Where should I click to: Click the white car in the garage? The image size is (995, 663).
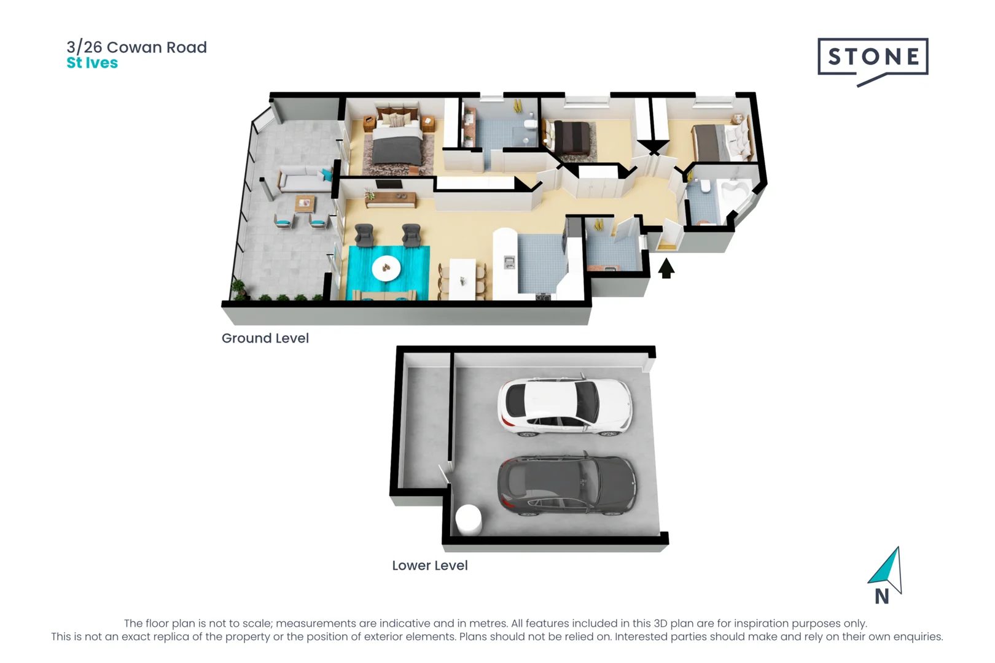(564, 406)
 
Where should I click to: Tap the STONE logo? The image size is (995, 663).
(872, 58)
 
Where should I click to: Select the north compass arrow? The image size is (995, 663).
(886, 570)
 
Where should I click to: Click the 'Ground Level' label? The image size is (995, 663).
(265, 338)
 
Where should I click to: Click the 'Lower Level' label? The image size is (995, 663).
(429, 565)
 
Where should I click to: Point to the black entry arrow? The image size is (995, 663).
(666, 268)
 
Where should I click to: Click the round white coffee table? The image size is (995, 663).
(386, 268)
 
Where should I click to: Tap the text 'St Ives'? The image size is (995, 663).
(92, 63)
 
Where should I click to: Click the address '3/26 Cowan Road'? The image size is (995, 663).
(136, 47)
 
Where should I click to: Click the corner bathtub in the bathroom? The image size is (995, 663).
(736, 193)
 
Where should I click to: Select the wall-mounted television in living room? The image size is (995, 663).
(389, 184)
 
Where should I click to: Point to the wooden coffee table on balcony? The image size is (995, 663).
(305, 203)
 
